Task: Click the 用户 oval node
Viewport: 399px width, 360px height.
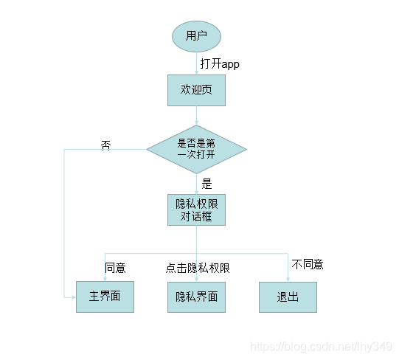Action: click(x=196, y=35)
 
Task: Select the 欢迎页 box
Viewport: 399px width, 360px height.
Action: click(x=196, y=90)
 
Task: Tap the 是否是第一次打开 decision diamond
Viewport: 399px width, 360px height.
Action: click(x=196, y=149)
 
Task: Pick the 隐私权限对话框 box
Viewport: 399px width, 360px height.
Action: click(x=196, y=210)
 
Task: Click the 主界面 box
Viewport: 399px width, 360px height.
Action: click(x=105, y=297)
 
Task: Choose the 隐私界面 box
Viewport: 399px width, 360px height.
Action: click(x=196, y=297)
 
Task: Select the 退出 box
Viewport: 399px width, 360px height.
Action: click(x=288, y=297)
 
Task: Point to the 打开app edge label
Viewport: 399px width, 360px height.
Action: click(x=220, y=63)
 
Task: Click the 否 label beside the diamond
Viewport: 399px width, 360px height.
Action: click(x=105, y=145)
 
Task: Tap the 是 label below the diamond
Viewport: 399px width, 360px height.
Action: click(x=207, y=184)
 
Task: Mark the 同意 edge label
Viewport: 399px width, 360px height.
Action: click(x=115, y=268)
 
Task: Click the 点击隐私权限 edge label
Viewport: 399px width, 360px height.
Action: click(x=198, y=268)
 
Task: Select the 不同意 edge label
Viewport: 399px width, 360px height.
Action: click(x=308, y=264)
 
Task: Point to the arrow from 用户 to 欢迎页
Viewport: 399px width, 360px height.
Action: click(x=196, y=64)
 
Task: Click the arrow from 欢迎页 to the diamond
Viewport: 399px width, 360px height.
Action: click(x=196, y=115)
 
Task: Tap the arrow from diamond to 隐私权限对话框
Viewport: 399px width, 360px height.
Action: click(x=196, y=184)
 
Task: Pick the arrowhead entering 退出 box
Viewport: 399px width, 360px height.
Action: click(x=288, y=279)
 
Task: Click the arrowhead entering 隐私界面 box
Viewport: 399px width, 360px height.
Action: click(x=196, y=279)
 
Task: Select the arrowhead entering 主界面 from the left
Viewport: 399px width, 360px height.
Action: click(x=74, y=297)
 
